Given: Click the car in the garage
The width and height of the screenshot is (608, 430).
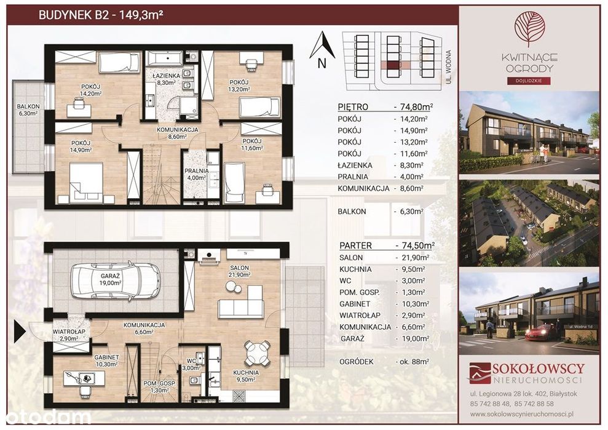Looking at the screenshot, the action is [x=115, y=281].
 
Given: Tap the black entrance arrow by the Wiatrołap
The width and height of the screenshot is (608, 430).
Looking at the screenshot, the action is [x=20, y=332].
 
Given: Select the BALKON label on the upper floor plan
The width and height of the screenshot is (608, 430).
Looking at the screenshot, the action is [x=28, y=106].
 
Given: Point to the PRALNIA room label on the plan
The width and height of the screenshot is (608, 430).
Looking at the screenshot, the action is [x=197, y=171].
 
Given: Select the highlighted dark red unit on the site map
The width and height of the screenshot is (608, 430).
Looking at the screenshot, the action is [x=393, y=65].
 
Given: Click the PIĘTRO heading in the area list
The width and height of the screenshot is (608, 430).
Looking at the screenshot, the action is [x=353, y=106].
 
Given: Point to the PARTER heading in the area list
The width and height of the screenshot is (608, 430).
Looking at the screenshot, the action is [x=355, y=245].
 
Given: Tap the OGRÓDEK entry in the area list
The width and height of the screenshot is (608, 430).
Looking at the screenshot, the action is [x=357, y=362].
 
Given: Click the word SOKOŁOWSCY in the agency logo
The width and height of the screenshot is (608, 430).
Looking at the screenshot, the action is [x=539, y=368].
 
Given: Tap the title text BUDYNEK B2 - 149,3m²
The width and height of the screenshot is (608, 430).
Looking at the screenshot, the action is [x=100, y=15].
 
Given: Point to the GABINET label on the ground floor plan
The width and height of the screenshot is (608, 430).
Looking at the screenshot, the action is [x=106, y=357].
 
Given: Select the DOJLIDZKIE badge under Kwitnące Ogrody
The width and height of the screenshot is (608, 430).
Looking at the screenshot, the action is [x=529, y=81].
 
